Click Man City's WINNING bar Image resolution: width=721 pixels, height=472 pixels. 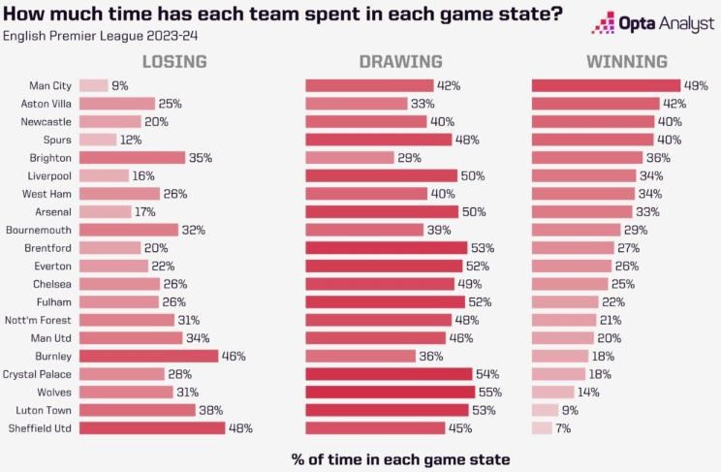click(593, 85)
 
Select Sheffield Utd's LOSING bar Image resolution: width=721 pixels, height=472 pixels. click(151, 427)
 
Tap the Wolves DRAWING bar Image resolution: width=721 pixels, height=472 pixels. click(390, 392)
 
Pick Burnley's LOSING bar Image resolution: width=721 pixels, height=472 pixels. click(148, 356)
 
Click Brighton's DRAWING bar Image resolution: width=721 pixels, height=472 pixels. click(350, 157)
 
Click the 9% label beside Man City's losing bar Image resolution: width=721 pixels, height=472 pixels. click(120, 85)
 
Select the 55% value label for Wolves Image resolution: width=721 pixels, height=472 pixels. click(490, 392)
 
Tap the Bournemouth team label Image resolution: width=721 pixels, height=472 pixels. click(39, 230)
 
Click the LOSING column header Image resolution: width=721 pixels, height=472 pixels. click(174, 62)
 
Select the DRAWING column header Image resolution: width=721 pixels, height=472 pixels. click(400, 62)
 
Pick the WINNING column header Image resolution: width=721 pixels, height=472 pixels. click(626, 62)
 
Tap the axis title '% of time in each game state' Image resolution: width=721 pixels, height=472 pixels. click(400, 457)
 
